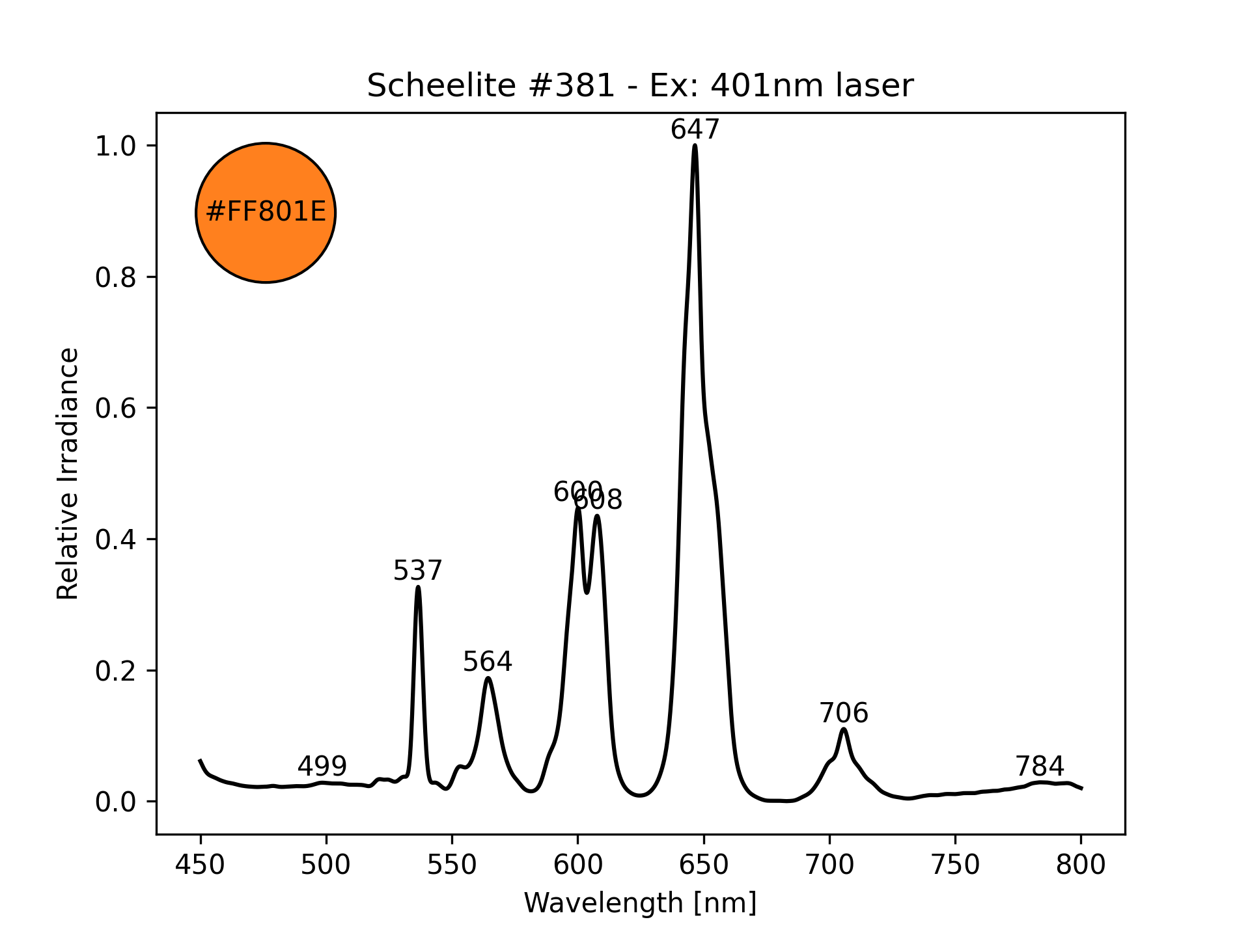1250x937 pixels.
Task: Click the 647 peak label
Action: click(695, 129)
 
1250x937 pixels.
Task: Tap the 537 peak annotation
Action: click(417, 571)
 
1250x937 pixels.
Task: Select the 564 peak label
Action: click(488, 662)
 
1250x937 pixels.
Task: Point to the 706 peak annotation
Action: click(844, 713)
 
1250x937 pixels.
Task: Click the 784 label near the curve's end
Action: click(1040, 766)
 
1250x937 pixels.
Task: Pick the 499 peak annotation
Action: click(322, 767)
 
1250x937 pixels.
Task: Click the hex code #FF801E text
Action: click(266, 212)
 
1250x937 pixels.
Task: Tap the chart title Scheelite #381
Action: click(640, 85)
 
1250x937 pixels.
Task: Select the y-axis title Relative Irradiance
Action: click(68, 473)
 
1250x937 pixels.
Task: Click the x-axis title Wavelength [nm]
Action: click(640, 903)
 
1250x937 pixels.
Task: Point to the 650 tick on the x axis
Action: click(703, 865)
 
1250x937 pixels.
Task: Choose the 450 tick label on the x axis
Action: click(200, 865)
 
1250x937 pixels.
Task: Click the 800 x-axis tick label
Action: click(1081, 865)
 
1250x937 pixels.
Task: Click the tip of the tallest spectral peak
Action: click(695, 145)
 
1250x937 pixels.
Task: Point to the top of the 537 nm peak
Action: click(418, 587)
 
